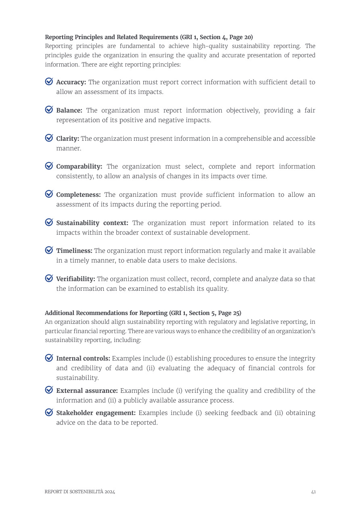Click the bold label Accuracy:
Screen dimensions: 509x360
[71, 82]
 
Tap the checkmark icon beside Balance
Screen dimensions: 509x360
[49, 110]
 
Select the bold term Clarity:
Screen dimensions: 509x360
[67, 139]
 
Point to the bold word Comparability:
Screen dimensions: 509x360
[79, 167]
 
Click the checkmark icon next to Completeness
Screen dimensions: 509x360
[49, 194]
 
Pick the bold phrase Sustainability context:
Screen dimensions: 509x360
[92, 223]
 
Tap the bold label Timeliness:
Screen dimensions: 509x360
[74, 251]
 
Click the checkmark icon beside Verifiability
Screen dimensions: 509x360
[49, 278]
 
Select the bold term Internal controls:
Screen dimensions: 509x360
[83, 359]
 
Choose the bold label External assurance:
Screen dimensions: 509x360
[87, 391]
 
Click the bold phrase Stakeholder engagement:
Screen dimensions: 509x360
[96, 413]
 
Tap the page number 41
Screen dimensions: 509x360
[313, 492]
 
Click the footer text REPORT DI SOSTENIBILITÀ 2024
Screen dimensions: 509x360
[80, 492]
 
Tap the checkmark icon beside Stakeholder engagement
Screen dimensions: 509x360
[49, 412]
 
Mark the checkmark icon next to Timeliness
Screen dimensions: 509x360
[49, 250]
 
